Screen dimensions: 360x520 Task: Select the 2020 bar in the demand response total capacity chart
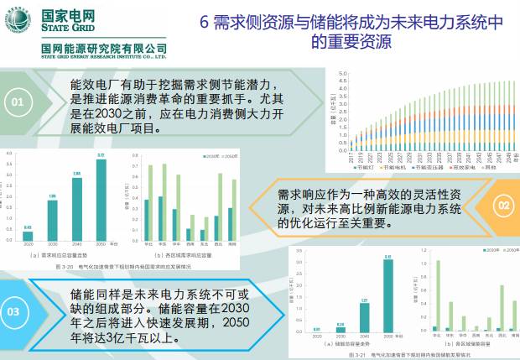(x=28, y=235)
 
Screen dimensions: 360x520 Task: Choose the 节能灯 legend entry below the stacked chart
(x=365, y=167)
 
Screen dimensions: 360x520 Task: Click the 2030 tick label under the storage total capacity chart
(x=341, y=337)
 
